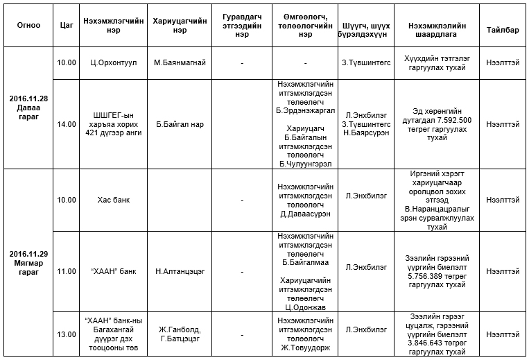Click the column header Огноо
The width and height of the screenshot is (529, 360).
tap(28, 24)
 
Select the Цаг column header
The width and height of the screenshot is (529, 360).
tap(67, 24)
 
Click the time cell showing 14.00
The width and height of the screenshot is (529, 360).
tap(67, 124)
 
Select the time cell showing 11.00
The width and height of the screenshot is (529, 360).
tap(67, 271)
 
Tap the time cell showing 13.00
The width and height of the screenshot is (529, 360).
tap(67, 334)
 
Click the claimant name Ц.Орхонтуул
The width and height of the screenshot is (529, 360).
tap(112, 62)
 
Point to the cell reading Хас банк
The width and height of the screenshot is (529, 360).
tap(112, 200)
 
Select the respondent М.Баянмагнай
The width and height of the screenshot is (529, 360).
tap(180, 62)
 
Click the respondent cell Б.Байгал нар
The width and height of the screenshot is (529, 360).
tap(180, 124)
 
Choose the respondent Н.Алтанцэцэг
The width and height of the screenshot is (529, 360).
tap(180, 271)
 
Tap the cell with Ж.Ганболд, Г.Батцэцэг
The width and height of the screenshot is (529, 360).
tap(180, 334)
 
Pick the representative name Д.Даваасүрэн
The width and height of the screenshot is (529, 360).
tap(305, 213)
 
